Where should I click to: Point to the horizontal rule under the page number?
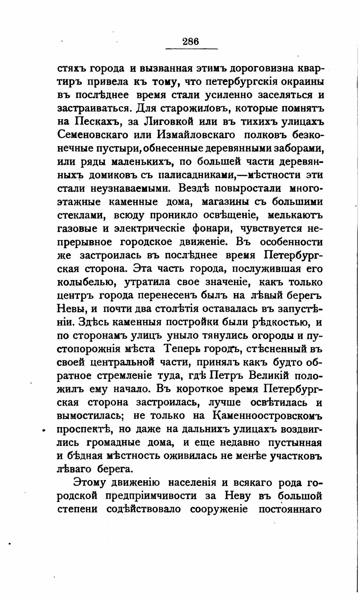tap(192, 49)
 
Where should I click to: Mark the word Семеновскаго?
tap(93, 135)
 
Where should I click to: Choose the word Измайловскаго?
tap(196, 135)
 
